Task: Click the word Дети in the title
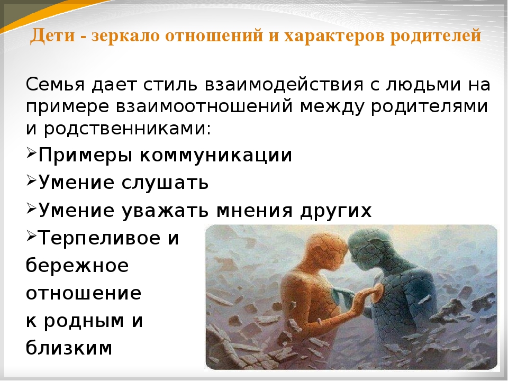coord(52,35)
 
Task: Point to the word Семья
coord(55,85)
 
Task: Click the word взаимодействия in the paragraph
coord(284,85)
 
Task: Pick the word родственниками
coord(128,129)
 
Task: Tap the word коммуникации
coord(216,155)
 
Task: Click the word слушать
coord(165,183)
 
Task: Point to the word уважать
coord(165,211)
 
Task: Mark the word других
coord(335,211)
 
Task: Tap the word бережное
coord(77,265)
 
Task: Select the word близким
coord(69,348)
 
